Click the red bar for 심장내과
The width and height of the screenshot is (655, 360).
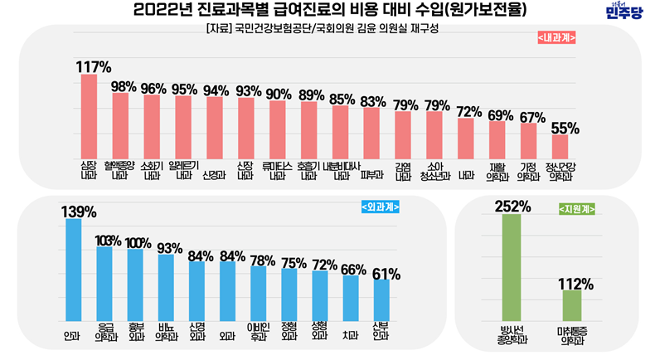[89, 120]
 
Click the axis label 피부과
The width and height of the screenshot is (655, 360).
[371, 175]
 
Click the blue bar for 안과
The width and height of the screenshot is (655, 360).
[73, 270]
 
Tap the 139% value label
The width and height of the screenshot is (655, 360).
[77, 211]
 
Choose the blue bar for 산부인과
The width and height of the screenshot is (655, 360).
[381, 300]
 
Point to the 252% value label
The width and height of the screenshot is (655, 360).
[512, 206]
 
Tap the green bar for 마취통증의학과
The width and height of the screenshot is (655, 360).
[573, 305]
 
